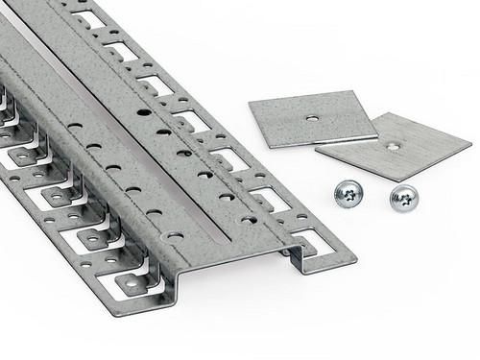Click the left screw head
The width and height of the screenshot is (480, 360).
click(348, 195)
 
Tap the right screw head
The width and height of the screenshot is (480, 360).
click(403, 199)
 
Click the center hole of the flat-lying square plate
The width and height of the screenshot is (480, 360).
click(312, 118)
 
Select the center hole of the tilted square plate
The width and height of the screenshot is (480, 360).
click(393, 146)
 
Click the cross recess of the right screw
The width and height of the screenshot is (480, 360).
click(404, 198)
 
